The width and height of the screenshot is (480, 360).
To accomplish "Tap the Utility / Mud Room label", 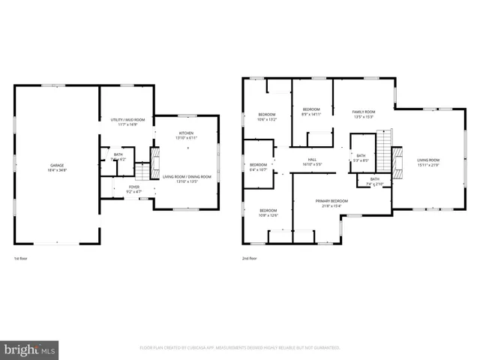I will pyautogui.click(x=127, y=120).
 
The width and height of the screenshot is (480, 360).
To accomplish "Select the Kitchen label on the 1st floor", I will pyautogui.click(x=186, y=133).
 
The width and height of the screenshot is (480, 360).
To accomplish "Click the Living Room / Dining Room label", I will pyautogui.click(x=186, y=176).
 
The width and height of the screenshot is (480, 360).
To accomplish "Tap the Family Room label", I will pyautogui.click(x=364, y=112).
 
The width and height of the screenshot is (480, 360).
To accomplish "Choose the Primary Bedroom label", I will pyautogui.click(x=331, y=201).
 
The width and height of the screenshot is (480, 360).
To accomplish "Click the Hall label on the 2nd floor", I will pyautogui.click(x=311, y=160).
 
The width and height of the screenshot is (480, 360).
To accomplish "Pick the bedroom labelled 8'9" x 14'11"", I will pyautogui.click(x=311, y=114).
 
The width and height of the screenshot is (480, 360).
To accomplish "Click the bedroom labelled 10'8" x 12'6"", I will pyautogui.click(x=267, y=215).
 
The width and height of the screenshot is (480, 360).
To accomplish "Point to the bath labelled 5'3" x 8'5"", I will pyautogui.click(x=361, y=160).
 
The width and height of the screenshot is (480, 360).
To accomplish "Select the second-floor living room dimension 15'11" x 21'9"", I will pyautogui.click(x=428, y=165).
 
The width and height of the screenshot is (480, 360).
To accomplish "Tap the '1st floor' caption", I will pyautogui.click(x=21, y=258).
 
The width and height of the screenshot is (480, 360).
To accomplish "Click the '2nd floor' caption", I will pyautogui.click(x=249, y=258).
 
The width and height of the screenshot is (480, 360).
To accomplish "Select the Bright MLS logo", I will pyautogui.click(x=30, y=349).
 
